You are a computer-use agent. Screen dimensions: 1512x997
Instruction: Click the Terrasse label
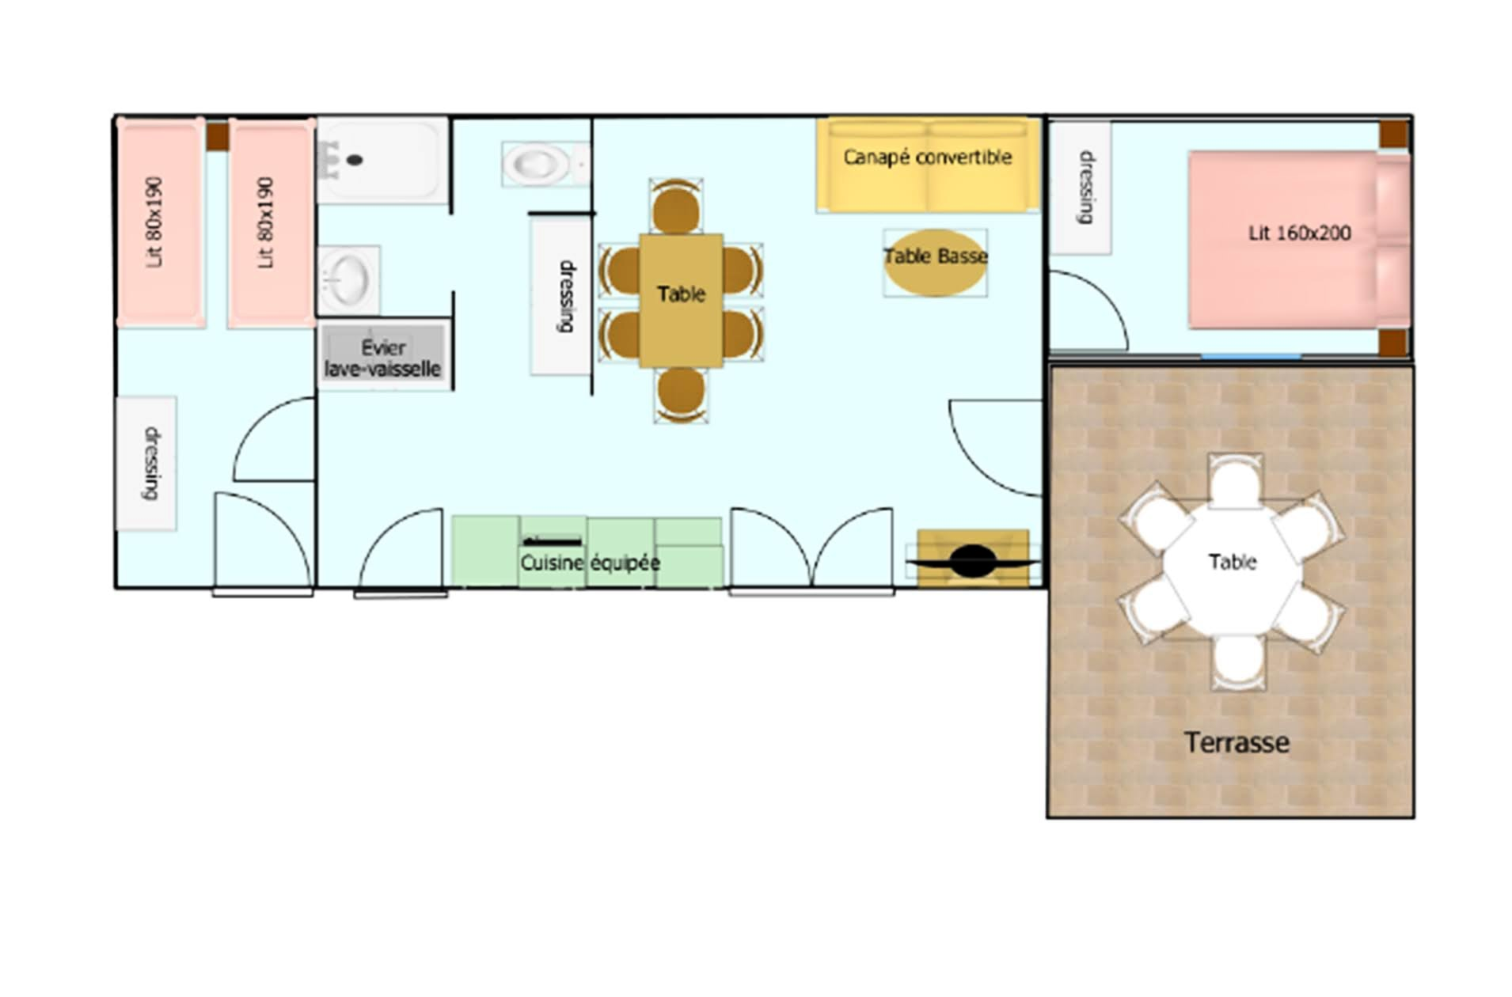pyautogui.click(x=1236, y=742)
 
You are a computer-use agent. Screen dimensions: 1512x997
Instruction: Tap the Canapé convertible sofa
pyautogui.click(x=928, y=165)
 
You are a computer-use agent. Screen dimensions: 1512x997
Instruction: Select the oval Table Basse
pyautogui.click(x=935, y=262)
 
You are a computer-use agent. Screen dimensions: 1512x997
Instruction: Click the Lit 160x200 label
pyautogui.click(x=1299, y=233)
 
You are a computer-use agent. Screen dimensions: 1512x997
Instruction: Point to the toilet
pyautogui.click(x=543, y=164)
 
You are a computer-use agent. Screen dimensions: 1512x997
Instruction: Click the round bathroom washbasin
pyautogui.click(x=348, y=279)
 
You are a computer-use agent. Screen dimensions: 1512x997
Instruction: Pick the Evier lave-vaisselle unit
pyautogui.click(x=383, y=357)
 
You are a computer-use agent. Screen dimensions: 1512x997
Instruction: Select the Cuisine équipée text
pyautogui.click(x=590, y=563)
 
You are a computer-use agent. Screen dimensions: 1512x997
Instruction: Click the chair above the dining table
pyautogui.click(x=675, y=207)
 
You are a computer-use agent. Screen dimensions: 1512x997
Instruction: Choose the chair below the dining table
pyautogui.click(x=681, y=394)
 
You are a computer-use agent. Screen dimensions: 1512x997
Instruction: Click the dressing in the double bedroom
pyautogui.click(x=1081, y=188)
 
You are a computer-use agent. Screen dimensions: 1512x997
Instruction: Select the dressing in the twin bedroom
pyautogui.click(x=146, y=463)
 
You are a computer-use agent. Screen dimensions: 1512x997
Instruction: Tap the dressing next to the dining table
pyautogui.click(x=561, y=295)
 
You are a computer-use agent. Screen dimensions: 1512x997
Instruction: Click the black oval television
pyautogui.click(x=973, y=561)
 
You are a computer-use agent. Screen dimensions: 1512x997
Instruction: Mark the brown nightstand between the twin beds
pyautogui.click(x=218, y=136)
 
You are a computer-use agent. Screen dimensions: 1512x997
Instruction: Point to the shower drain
pyautogui.click(x=355, y=160)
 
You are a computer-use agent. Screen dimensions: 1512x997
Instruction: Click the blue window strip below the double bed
pyautogui.click(x=1251, y=356)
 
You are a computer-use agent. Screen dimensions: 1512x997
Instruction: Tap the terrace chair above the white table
pyautogui.click(x=1235, y=481)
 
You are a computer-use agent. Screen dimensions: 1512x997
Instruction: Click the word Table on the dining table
pyautogui.click(x=681, y=294)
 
